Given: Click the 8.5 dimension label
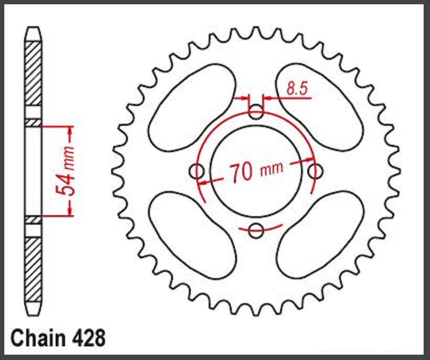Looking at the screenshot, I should click(x=297, y=89).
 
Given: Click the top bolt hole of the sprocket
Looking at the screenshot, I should click(x=256, y=111).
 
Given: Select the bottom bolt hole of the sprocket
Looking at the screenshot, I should click(x=256, y=230).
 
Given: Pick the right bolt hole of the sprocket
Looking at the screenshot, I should click(x=315, y=171).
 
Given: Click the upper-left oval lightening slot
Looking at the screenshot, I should click(x=192, y=107).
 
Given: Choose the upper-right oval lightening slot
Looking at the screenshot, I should click(x=320, y=107).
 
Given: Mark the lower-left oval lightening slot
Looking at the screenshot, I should click(x=192, y=234).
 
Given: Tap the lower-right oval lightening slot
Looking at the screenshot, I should click(x=320, y=234).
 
